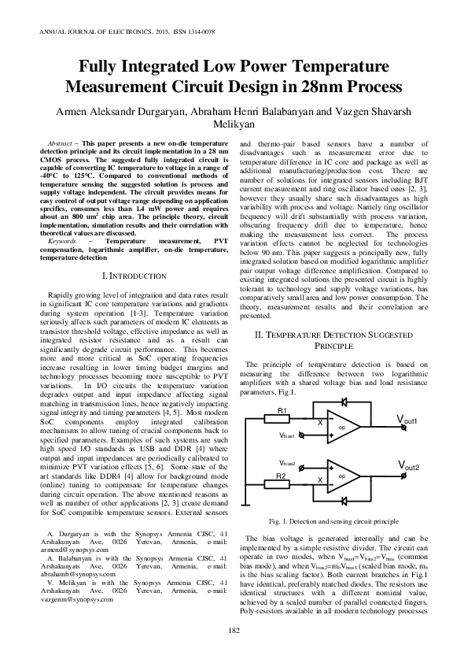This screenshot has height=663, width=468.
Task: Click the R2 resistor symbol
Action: point(282,481)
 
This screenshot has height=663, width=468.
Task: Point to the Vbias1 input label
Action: point(287,435)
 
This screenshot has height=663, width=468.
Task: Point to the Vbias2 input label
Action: point(287,464)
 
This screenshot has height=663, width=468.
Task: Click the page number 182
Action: point(234,631)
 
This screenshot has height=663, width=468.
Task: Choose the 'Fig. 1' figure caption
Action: point(333,522)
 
